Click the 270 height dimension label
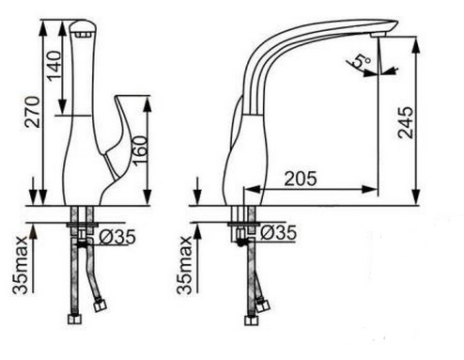pyautogui.click(x=33, y=112)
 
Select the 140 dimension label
pyautogui.click(x=54, y=66)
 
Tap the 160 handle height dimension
pyautogui.click(x=140, y=149)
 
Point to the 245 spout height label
pyautogui.click(x=405, y=122)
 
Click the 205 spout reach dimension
pyautogui.click(x=301, y=179)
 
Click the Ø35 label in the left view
pyautogui.click(x=117, y=237)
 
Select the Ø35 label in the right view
pyautogui.click(x=278, y=233)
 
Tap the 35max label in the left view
pyautogui.click(x=20, y=265)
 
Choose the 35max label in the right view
pyautogui.click(x=184, y=265)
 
